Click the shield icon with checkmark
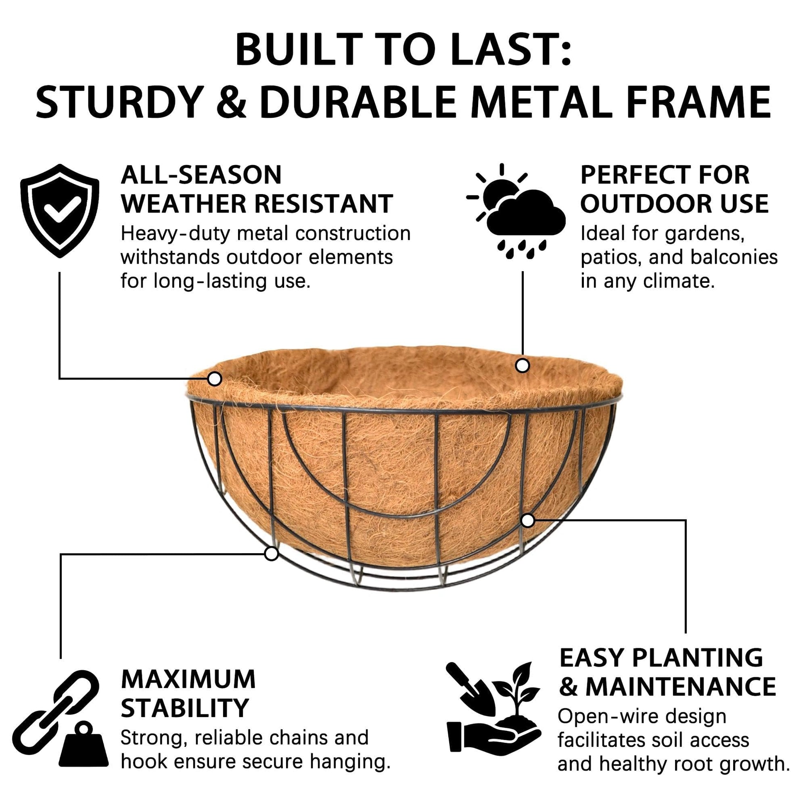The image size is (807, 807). tap(60, 211)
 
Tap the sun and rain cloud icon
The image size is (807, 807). tap(516, 211)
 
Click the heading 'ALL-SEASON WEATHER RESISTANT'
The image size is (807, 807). tap(257, 189)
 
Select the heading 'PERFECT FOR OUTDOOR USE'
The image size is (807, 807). tap(675, 189)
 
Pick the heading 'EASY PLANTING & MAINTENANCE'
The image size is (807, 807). tap(667, 673)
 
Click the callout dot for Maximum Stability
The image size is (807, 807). tap(272, 554)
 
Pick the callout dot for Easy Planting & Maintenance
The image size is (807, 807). tap(528, 520)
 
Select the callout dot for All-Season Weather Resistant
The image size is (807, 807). tap(215, 379)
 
